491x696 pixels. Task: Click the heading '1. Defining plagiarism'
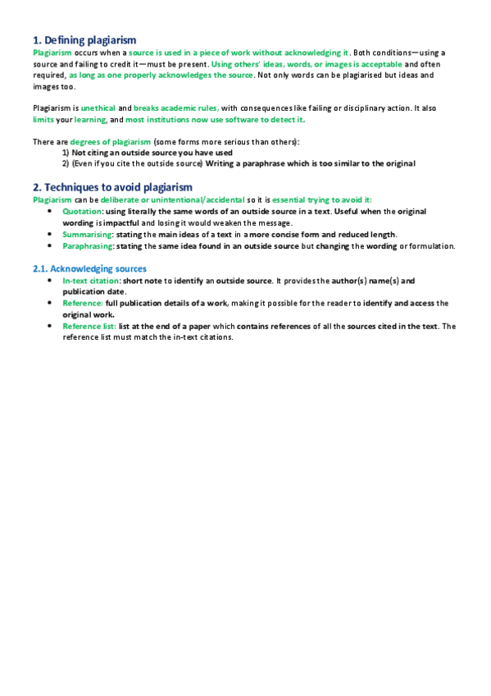pyautogui.click(x=84, y=40)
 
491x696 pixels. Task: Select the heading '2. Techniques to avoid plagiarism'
pyautogui.click(x=113, y=187)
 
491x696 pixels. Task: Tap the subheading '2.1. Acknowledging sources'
pyautogui.click(x=89, y=268)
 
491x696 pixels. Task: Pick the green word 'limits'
pyautogui.click(x=43, y=120)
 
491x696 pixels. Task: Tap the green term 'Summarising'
pyautogui.click(x=88, y=234)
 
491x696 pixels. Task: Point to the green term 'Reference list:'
pyautogui.click(x=90, y=327)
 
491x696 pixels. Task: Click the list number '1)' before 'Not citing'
pyautogui.click(x=66, y=153)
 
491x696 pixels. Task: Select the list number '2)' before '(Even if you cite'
pyautogui.click(x=66, y=164)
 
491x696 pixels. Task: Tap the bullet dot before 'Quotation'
pyautogui.click(x=52, y=211)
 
